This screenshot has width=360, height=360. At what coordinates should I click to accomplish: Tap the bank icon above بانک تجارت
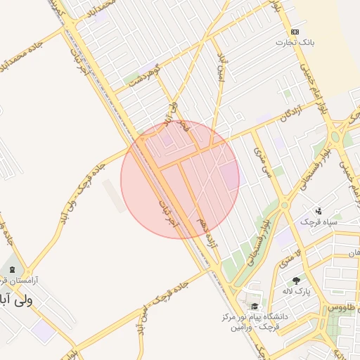(294, 32)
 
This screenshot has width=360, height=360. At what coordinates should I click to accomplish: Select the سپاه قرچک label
(319, 222)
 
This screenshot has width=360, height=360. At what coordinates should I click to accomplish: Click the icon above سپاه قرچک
(319, 210)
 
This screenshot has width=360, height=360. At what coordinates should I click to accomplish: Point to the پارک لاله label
(297, 291)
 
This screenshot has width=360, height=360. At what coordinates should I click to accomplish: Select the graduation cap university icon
(254, 307)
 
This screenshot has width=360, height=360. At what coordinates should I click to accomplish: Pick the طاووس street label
(345, 308)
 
